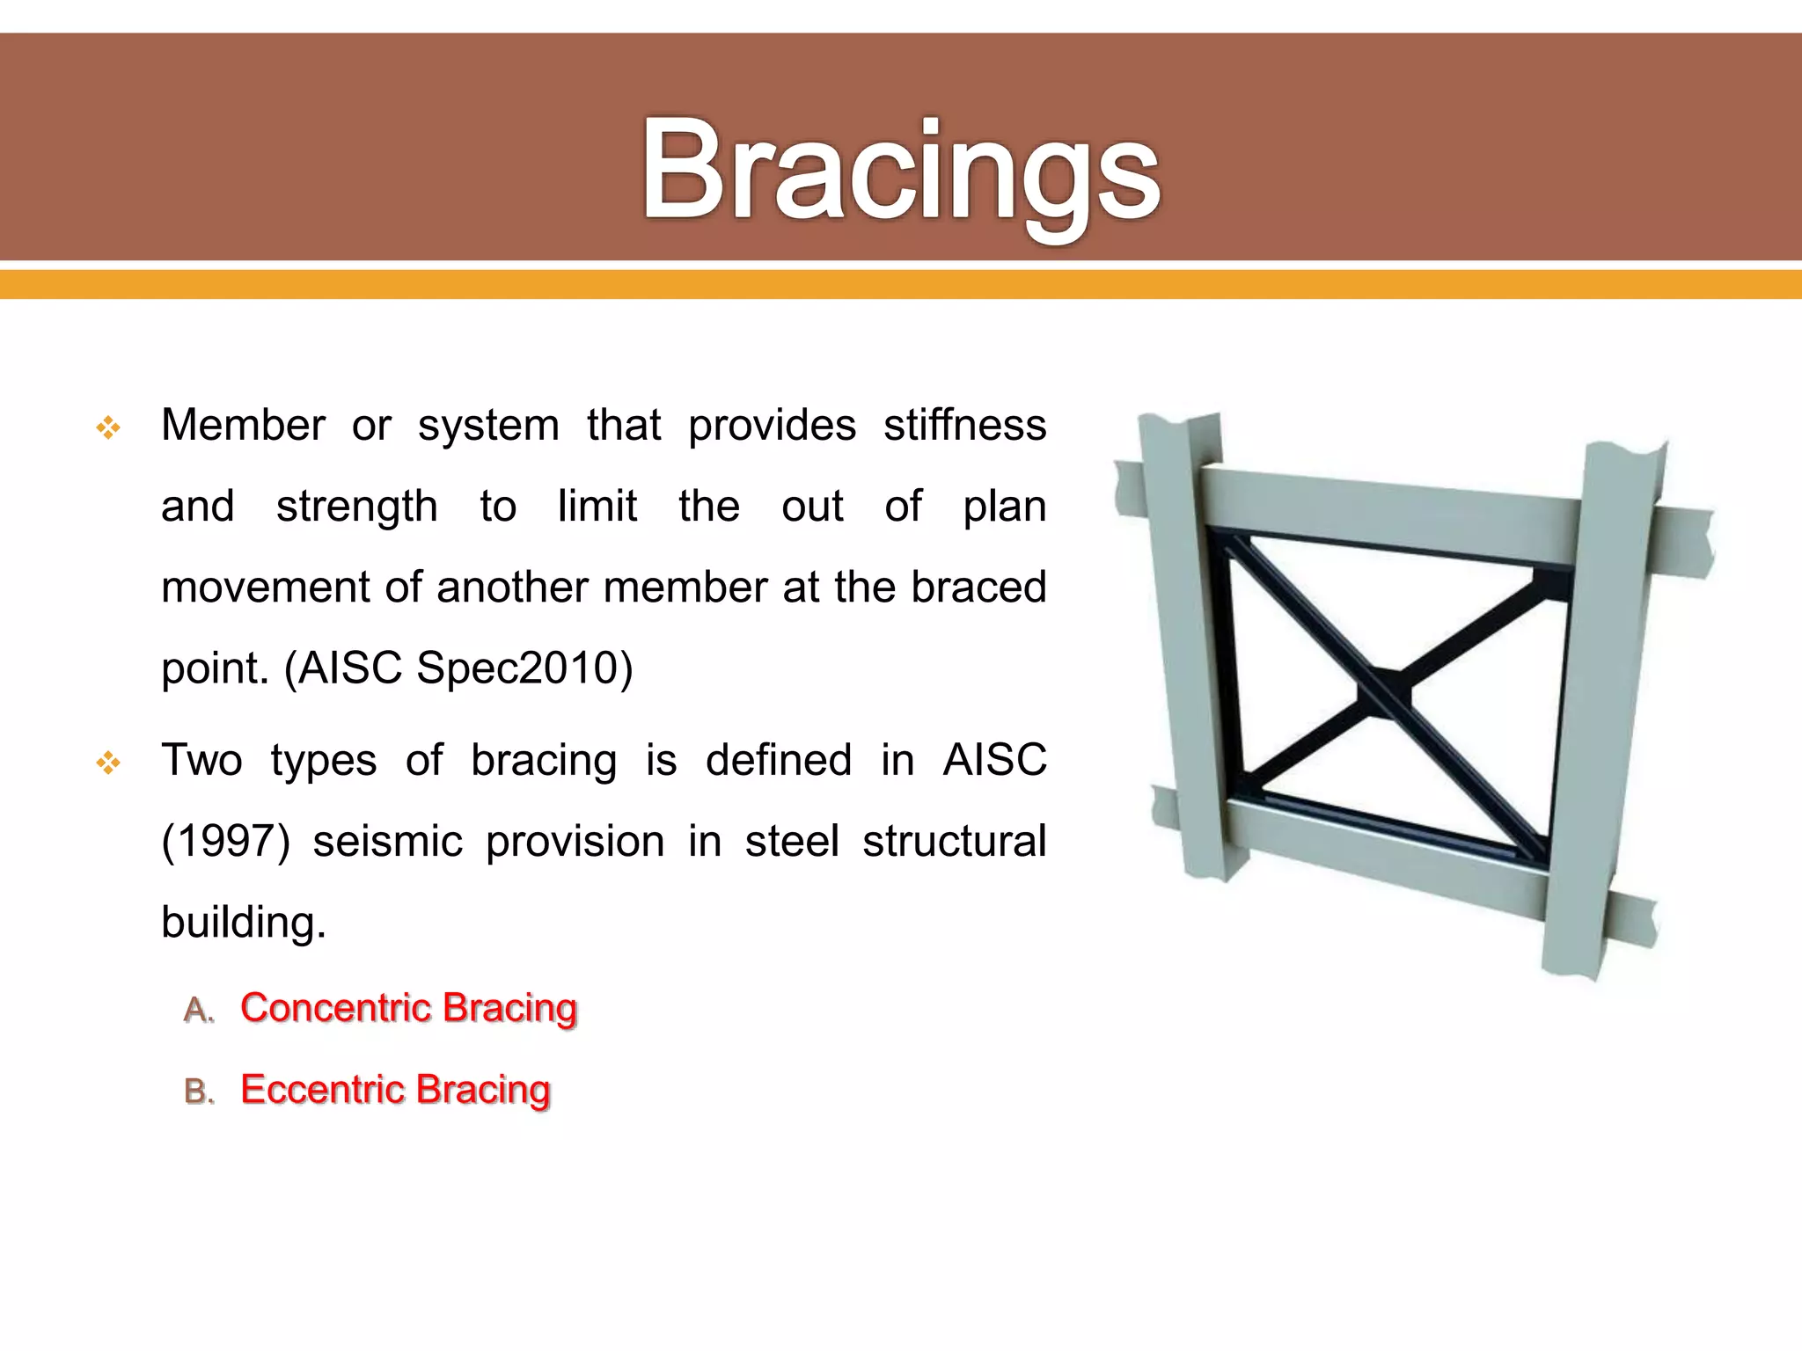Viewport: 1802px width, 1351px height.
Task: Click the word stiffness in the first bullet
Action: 964,426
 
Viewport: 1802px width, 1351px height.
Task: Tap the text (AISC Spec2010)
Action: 458,668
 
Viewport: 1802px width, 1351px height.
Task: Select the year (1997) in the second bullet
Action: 225,842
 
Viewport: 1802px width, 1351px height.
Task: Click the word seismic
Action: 387,842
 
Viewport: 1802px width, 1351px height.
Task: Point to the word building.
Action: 243,923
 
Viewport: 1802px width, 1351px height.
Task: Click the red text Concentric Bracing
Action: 408,1008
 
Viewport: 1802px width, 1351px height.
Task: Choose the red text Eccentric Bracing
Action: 395,1090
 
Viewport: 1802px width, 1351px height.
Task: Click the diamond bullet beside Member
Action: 108,428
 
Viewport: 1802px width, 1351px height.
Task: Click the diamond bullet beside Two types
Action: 108,763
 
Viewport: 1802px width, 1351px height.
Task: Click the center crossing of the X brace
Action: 1386,693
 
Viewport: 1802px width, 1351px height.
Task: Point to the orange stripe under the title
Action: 901,284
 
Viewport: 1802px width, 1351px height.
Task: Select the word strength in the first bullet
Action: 356,508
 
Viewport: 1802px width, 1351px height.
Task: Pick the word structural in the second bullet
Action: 954,842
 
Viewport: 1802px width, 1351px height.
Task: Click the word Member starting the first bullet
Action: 243,426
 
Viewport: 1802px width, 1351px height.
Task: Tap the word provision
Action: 575,842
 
